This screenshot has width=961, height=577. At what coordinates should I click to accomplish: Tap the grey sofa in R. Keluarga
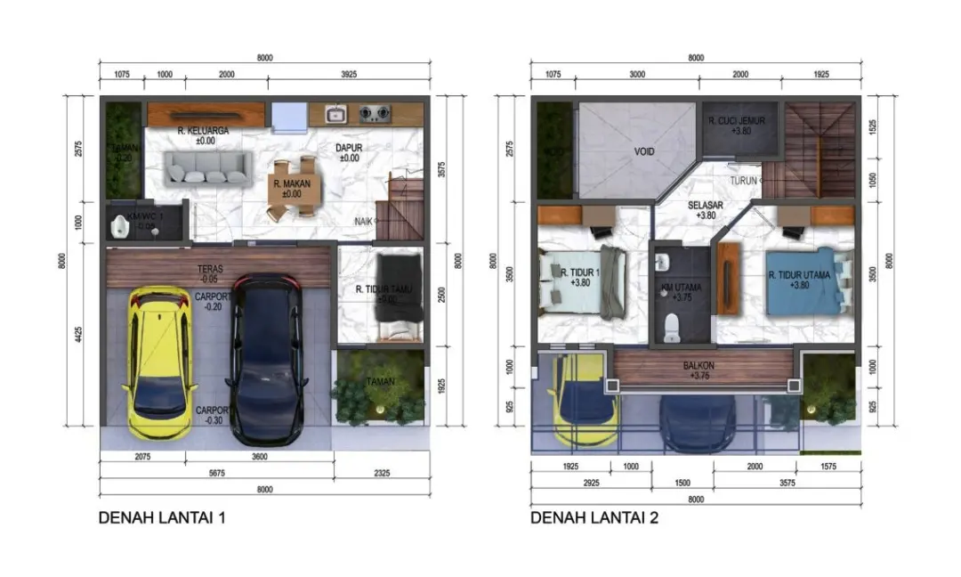[206, 167]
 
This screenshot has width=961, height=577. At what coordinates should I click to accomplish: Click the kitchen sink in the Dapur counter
[335, 114]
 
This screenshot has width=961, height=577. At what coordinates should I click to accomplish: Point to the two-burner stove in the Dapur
[375, 114]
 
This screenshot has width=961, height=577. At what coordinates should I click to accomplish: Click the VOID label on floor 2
[644, 152]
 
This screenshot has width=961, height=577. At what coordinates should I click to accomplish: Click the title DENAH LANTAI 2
[594, 517]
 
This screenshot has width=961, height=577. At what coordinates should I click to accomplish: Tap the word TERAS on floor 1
[210, 267]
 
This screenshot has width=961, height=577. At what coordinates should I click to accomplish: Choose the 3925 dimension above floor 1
[348, 75]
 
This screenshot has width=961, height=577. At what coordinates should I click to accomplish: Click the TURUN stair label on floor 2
[743, 181]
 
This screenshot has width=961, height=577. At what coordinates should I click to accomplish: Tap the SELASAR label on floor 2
[703, 204]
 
